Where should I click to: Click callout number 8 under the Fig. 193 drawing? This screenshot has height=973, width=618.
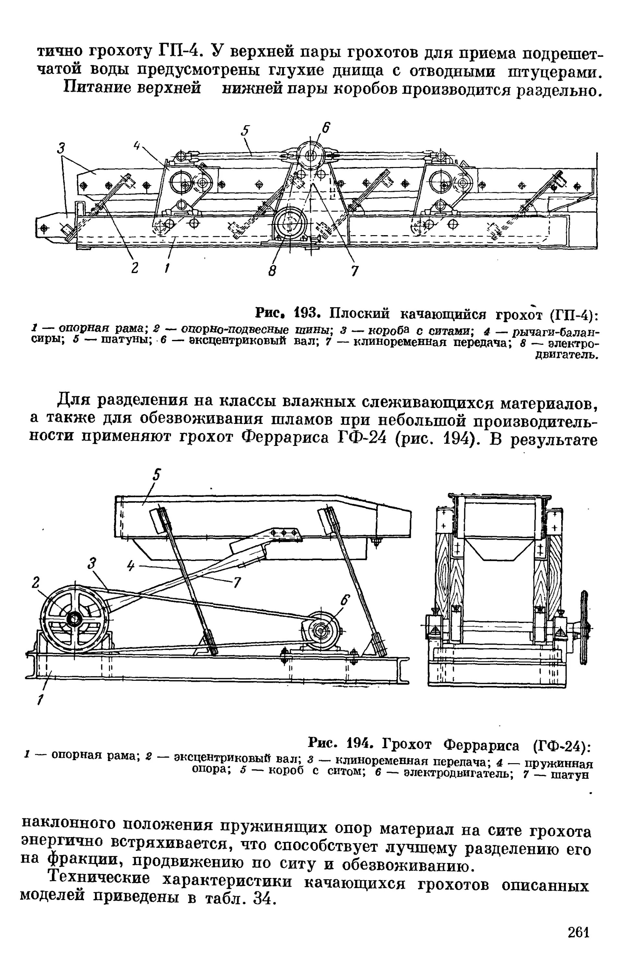pyautogui.click(x=273, y=271)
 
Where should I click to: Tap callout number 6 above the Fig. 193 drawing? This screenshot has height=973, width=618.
pyautogui.click(x=326, y=128)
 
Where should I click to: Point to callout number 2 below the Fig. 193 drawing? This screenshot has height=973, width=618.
pyautogui.click(x=135, y=268)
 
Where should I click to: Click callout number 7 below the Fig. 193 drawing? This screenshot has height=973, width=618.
pyautogui.click(x=354, y=271)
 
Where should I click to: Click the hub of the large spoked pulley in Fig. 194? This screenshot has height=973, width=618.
pyautogui.click(x=74, y=619)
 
